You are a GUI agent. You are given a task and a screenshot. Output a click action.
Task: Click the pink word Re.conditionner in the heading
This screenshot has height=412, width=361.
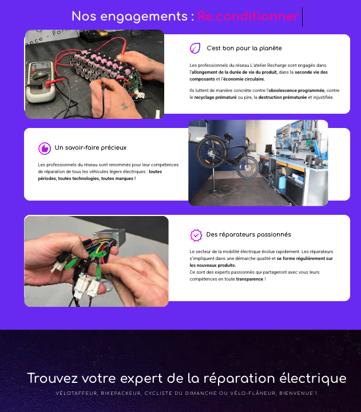248,17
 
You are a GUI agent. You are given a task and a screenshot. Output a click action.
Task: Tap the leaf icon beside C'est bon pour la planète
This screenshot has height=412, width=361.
195,49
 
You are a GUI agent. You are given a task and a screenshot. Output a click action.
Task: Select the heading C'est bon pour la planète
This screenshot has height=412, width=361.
244,49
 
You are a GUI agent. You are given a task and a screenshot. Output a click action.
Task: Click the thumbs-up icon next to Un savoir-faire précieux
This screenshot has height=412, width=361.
44,148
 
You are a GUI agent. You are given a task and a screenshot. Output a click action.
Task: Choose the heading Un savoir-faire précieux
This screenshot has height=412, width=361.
90,148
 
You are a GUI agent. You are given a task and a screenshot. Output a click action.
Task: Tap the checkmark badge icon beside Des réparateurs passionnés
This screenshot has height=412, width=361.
196,235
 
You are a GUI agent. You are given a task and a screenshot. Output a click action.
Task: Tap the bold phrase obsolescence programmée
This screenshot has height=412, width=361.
296,90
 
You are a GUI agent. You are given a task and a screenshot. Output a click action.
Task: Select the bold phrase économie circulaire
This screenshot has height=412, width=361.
237,79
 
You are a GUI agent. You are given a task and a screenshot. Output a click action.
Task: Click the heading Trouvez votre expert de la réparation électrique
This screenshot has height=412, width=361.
187,378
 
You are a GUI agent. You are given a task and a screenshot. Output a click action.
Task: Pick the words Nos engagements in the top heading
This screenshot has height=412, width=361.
132,17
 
